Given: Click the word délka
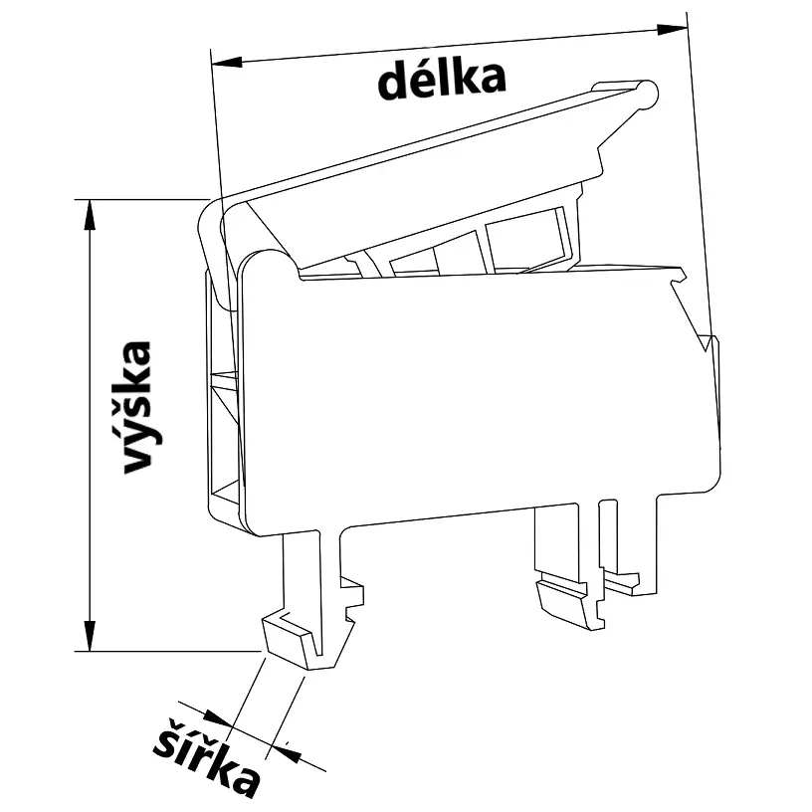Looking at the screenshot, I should [441, 79].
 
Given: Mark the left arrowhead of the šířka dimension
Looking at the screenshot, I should [214, 717].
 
